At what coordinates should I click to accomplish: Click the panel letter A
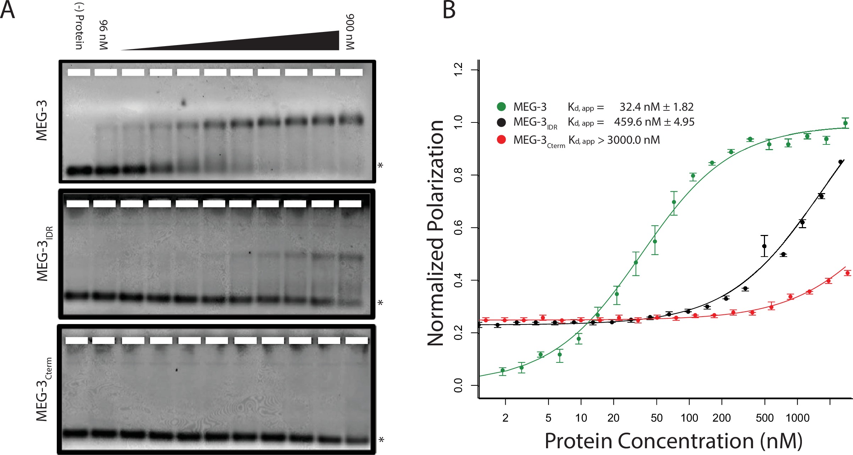coord(8,10)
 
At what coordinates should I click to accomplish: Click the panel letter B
coord(449,10)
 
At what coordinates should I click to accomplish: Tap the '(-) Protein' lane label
coord(79,27)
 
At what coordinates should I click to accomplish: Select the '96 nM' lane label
coord(103,35)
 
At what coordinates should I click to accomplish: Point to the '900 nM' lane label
coord(350,32)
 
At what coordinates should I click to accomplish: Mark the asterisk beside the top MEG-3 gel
coord(380,166)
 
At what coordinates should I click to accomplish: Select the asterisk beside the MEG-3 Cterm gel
coord(381,440)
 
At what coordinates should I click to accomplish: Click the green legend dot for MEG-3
coord(501,107)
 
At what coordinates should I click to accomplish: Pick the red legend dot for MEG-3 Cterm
coord(501,140)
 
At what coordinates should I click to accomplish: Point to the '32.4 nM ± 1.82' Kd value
coord(656,107)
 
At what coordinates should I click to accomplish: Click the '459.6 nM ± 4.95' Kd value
coord(654,122)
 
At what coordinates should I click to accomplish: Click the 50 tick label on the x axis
coord(656,418)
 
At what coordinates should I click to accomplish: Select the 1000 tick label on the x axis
coord(797,418)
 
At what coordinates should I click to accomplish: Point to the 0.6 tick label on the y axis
coord(458,227)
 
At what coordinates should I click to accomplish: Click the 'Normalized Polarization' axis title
coord(436,232)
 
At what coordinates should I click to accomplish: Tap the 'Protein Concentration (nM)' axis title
coord(673,441)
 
